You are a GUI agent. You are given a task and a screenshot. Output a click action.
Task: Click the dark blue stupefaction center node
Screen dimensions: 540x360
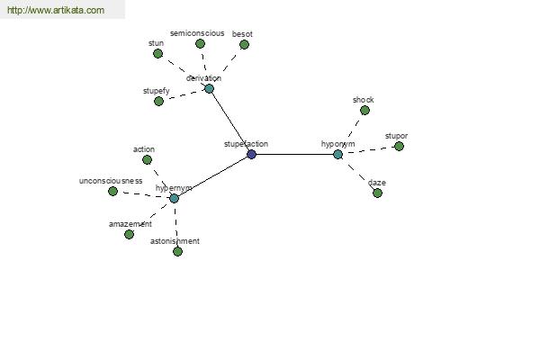[252, 154]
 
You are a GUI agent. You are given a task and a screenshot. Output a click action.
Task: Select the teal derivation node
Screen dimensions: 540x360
[209, 89]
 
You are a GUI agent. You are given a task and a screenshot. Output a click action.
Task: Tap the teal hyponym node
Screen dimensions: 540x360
[338, 154]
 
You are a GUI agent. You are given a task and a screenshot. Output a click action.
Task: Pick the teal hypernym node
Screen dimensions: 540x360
[175, 198]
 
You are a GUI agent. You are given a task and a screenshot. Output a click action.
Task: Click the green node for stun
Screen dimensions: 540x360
[157, 54]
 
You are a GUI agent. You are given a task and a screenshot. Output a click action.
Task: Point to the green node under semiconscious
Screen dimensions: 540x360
[200, 44]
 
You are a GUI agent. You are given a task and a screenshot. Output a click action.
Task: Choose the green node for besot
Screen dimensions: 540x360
[244, 44]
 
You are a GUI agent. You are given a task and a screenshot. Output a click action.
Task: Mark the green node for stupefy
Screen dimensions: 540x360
[158, 102]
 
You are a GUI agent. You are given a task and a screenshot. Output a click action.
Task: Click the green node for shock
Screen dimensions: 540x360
[364, 110]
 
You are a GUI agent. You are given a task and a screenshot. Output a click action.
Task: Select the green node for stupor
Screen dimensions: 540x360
[399, 147]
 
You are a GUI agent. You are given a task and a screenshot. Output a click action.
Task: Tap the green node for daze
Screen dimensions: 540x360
[377, 193]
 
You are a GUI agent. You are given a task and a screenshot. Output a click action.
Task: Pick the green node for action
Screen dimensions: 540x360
[147, 160]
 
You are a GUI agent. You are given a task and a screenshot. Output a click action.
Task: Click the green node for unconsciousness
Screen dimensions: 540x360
[113, 191]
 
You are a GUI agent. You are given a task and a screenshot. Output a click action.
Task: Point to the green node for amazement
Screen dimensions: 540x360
[129, 235]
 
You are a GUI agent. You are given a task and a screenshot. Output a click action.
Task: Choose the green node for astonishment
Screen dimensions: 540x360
[177, 252]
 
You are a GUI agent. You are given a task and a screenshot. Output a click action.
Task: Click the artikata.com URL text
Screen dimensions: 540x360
[56, 10]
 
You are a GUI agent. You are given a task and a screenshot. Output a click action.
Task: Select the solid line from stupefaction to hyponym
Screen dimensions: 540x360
[295, 154]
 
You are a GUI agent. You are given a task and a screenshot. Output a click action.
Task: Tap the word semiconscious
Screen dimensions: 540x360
[197, 33]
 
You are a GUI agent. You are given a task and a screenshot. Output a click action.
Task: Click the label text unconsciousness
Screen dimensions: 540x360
[111, 181]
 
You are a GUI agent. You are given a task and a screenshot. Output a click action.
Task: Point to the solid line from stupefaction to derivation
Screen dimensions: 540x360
[230, 121]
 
